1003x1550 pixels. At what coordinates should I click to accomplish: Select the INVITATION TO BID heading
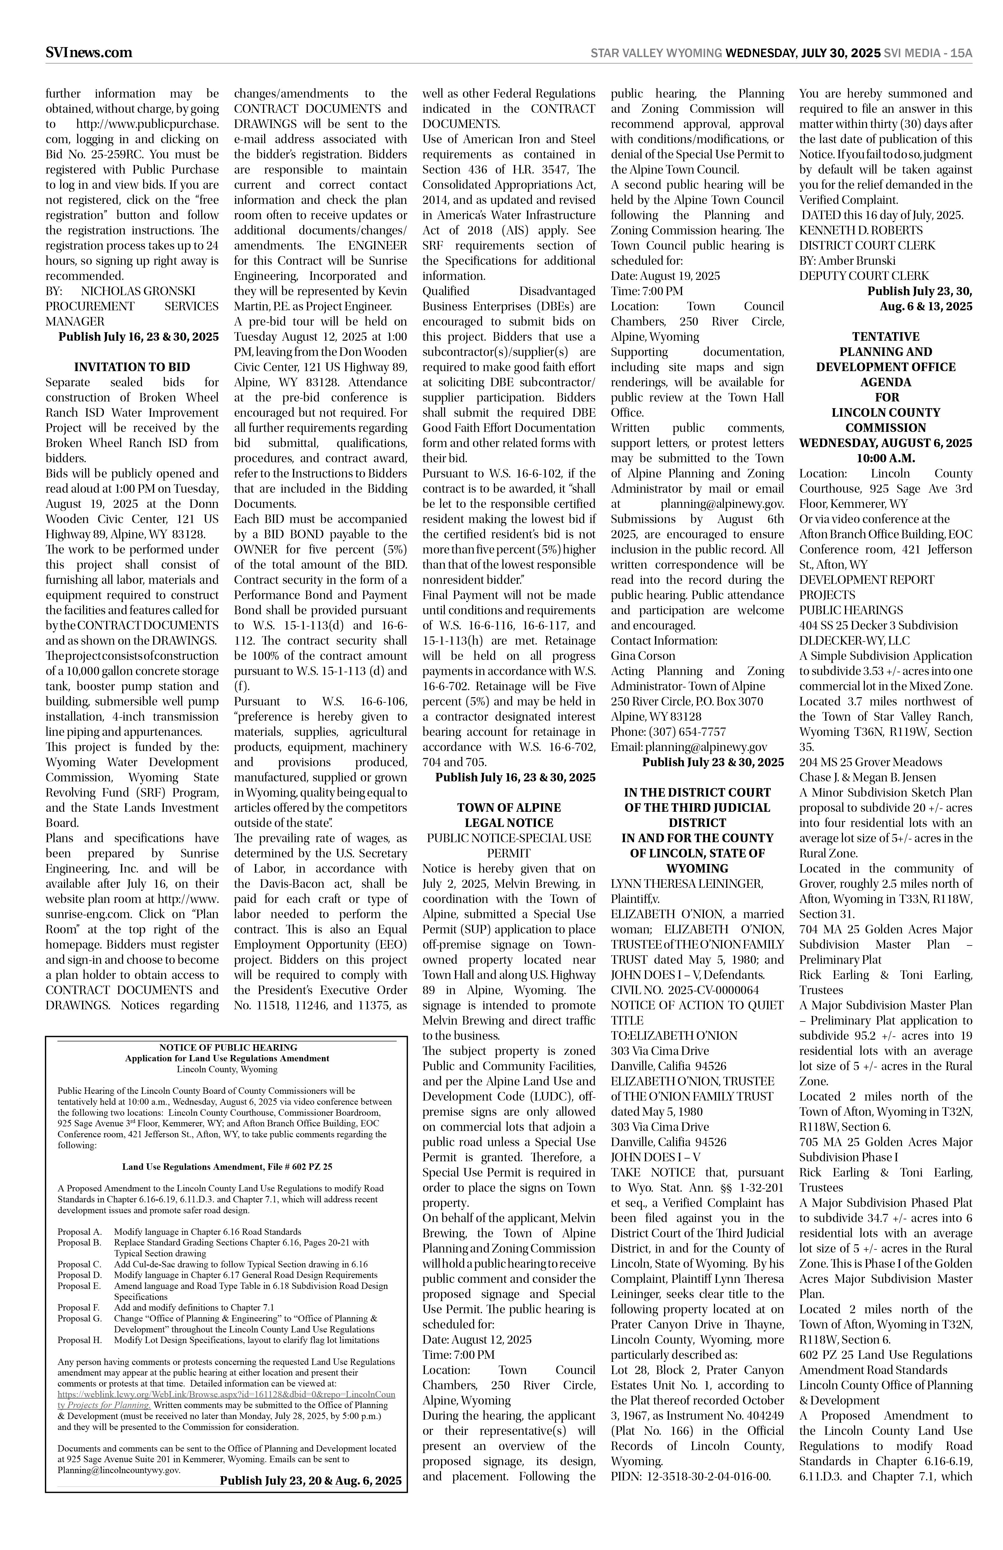pos(132,367)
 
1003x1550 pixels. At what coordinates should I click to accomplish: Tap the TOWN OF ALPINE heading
pos(509,808)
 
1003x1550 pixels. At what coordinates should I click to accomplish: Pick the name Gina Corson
pos(643,656)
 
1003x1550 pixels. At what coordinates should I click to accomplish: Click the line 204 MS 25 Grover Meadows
pos(870,762)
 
